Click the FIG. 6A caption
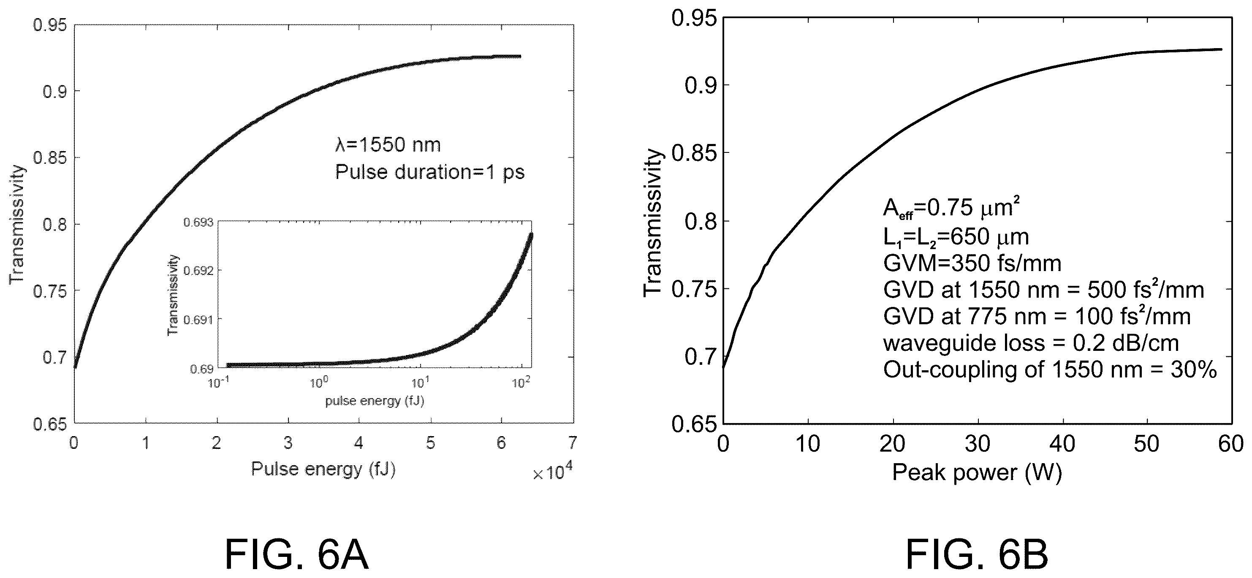click(x=297, y=554)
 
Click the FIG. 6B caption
click(x=977, y=554)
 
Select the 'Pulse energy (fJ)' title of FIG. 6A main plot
click(x=323, y=469)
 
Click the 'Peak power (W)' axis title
click(x=977, y=472)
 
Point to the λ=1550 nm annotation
click(x=388, y=145)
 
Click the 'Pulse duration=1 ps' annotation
click(x=430, y=172)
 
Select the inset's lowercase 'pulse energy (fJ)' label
click(x=375, y=401)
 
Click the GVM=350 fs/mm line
click(x=972, y=263)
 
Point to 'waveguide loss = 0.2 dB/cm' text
click(x=1031, y=343)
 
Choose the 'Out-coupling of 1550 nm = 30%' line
click(x=1050, y=370)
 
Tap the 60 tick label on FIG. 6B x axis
click(x=1232, y=444)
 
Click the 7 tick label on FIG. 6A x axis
click(x=573, y=443)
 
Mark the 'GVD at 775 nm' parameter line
click(x=1037, y=317)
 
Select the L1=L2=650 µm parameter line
click(x=956, y=237)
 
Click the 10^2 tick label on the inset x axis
click(x=521, y=383)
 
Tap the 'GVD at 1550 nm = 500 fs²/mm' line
click(x=1043, y=290)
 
